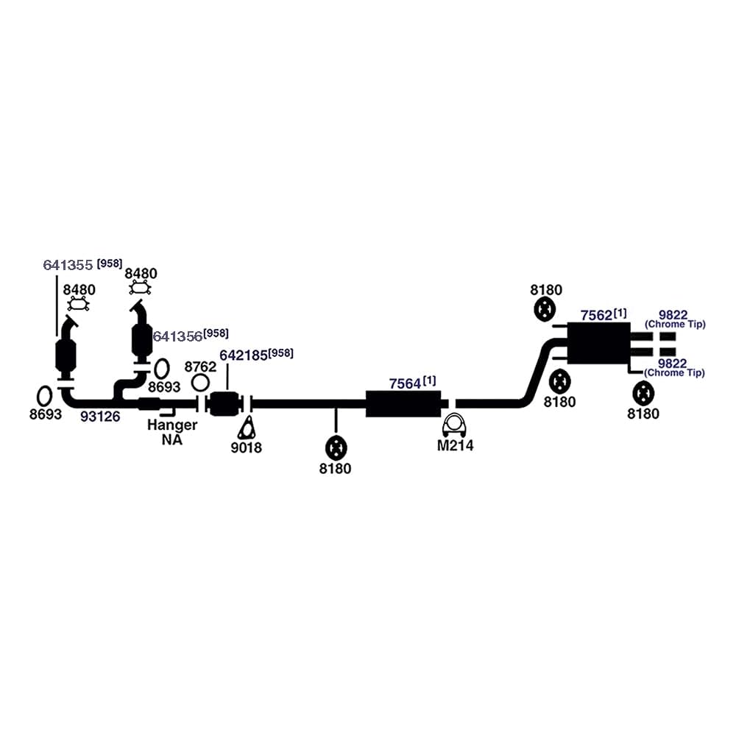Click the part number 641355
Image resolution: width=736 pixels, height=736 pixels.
pos(68,265)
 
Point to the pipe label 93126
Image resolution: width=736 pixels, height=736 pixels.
pos(100,416)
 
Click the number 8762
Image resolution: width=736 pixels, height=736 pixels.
pos(200,367)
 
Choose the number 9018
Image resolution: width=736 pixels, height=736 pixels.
pos(246,447)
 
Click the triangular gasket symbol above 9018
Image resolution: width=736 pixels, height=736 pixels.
pos(248,428)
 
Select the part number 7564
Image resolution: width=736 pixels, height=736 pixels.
pos(405,383)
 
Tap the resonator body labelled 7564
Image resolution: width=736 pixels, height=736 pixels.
pos(403,404)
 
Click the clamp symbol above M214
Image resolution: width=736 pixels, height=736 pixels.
pos(455,424)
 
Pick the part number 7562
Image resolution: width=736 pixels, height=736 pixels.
pos(596,315)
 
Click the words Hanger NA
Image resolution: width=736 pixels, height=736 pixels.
pos(171,432)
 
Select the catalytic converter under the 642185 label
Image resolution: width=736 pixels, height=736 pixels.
pos(226,403)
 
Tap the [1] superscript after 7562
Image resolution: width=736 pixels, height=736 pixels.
pos(620,313)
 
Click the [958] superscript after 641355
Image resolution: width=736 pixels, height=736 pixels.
pos(109,263)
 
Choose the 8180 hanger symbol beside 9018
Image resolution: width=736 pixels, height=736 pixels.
pos(336,447)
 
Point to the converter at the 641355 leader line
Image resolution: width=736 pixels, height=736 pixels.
pos(66,358)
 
